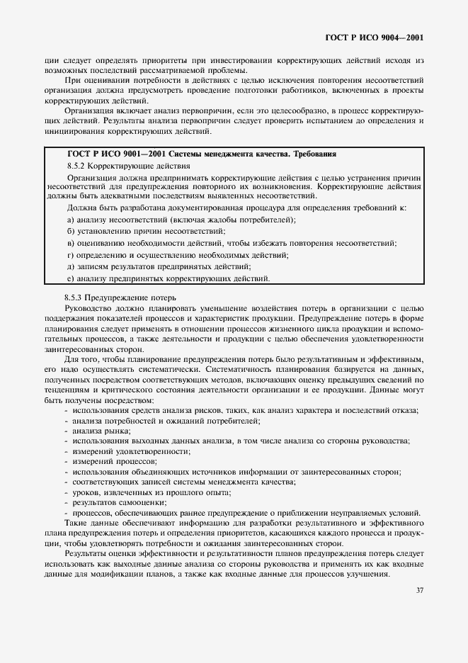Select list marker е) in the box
pos(70,278)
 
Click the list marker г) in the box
pos(70,254)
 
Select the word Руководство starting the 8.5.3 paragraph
pos(87,309)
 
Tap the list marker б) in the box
pos(70,231)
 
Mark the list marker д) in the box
pos(70,266)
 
